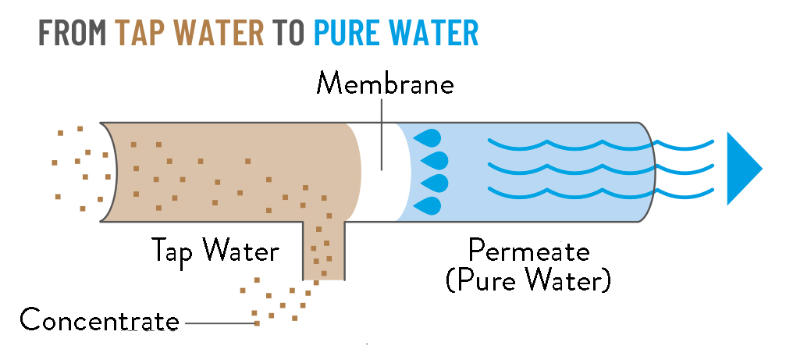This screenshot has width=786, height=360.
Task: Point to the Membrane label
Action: point(384,84)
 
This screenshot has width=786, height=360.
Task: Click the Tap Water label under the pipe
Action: point(215,251)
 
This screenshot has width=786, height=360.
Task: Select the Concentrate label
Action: point(99,320)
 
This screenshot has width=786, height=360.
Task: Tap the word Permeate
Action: point(528,251)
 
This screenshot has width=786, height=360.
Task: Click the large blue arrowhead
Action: point(742,169)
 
